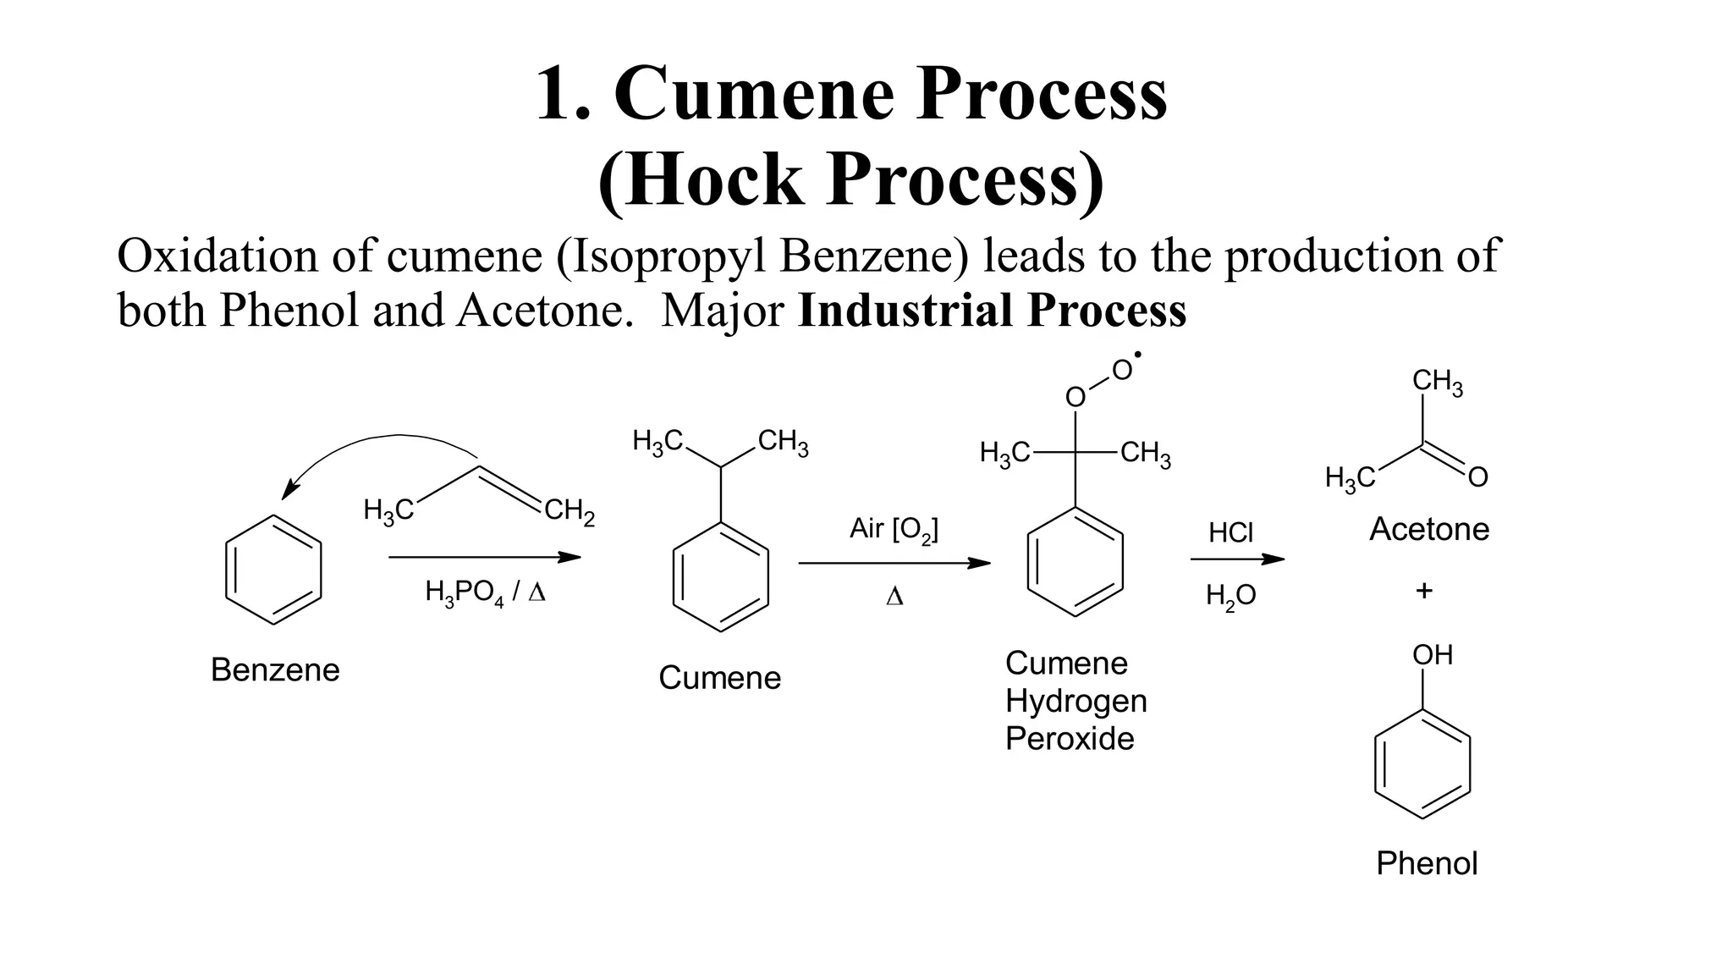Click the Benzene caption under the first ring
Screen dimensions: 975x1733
click(275, 670)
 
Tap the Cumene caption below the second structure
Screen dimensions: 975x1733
click(719, 678)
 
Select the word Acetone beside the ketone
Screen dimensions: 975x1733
click(1429, 530)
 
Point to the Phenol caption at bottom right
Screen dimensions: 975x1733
click(1427, 863)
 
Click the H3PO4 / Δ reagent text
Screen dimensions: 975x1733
click(485, 592)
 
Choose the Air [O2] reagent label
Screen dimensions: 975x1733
click(894, 530)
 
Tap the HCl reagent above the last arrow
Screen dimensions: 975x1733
click(1230, 533)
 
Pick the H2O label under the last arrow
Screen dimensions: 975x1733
click(1230, 597)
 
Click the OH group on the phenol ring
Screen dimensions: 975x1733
click(1432, 655)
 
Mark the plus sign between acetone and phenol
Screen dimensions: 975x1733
click(1424, 591)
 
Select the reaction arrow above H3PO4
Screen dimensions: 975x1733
click(485, 557)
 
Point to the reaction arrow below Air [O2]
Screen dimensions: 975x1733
click(894, 563)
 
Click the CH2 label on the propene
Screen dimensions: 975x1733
click(569, 512)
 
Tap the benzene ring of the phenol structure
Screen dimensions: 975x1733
click(1422, 764)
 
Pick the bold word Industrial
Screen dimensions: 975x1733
click(905, 310)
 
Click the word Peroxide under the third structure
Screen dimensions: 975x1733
click(1069, 739)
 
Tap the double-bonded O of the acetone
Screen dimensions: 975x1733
click(1477, 478)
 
